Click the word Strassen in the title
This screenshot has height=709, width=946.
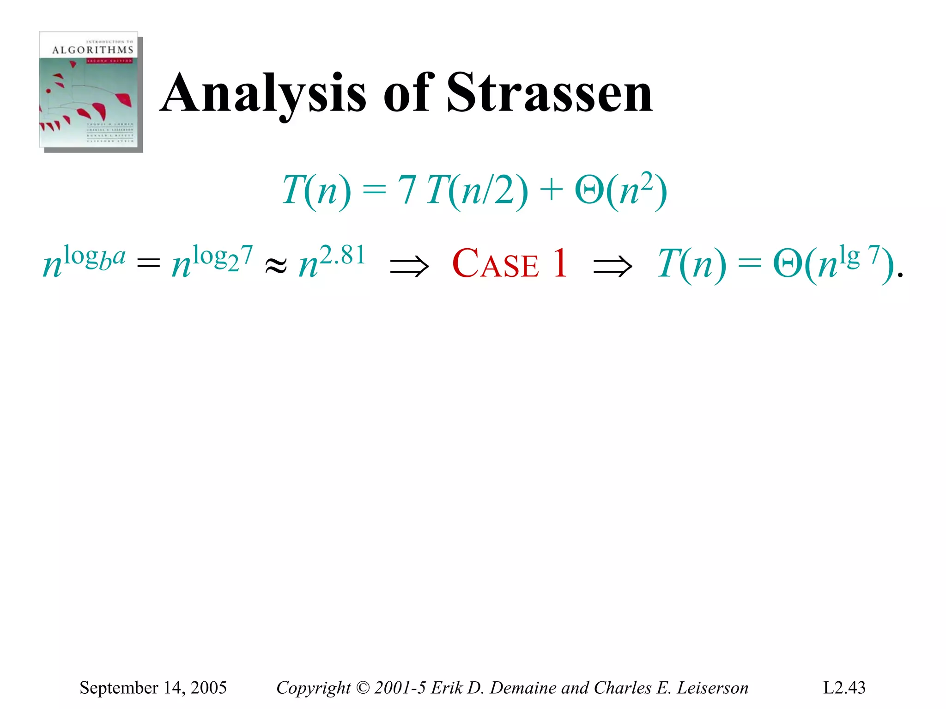coord(550,94)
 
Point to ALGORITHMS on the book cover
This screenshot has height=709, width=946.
coord(92,50)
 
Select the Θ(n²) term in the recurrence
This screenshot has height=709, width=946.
coord(620,190)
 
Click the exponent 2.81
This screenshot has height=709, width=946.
coord(342,255)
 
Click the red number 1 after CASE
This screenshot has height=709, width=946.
coord(560,263)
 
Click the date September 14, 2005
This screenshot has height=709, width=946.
coord(153,688)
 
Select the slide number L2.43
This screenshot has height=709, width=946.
coord(844,688)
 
